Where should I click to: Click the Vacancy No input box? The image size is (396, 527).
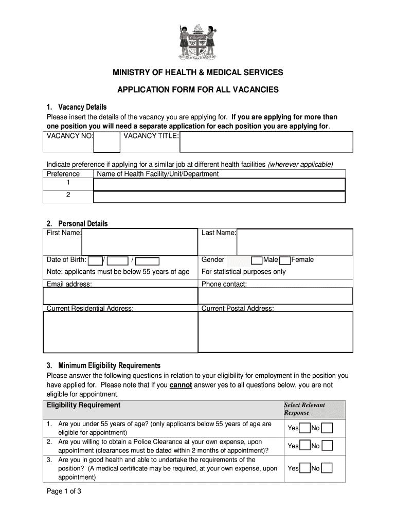[107, 142]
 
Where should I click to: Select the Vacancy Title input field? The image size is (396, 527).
[266, 142]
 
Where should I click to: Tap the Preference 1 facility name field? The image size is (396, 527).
[219, 185]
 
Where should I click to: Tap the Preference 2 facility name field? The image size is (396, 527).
[219, 198]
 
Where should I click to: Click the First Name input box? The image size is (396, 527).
[140, 242]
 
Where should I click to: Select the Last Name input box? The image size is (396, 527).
[295, 242]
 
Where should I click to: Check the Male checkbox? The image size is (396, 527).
[257, 260]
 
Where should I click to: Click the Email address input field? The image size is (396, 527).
[121, 296]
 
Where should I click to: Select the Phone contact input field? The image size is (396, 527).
[276, 296]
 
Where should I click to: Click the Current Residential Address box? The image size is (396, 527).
[121, 332]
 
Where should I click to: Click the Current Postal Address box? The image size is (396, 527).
[276, 332]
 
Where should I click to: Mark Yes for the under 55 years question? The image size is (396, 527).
[304, 428]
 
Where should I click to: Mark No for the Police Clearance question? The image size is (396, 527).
[327, 446]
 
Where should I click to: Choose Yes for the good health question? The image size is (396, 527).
[304, 468]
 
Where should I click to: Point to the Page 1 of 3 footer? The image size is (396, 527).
[64, 491]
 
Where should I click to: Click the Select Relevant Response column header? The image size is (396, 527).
[304, 409]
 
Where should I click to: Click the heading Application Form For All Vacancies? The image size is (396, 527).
[198, 90]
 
